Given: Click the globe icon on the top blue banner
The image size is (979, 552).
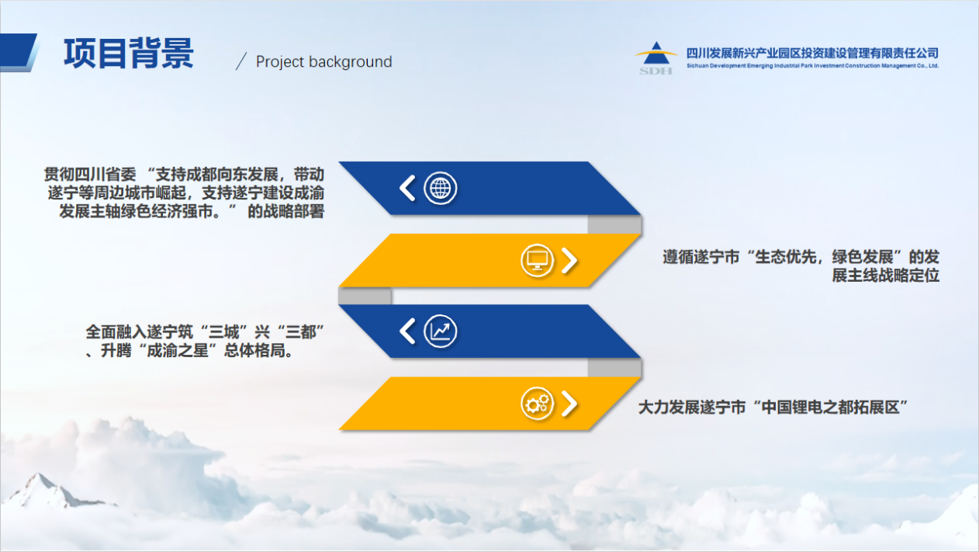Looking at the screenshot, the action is [440, 189].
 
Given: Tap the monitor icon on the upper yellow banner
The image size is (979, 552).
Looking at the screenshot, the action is [537, 260].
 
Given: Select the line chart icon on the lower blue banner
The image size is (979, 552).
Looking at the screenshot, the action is [440, 331].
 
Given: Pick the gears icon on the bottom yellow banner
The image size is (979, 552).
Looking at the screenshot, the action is [537, 403].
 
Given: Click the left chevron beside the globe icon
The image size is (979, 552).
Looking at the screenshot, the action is [407, 189].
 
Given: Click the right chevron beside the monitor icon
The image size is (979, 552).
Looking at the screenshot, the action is [569, 261].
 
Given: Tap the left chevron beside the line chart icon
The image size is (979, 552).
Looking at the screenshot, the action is [407, 331].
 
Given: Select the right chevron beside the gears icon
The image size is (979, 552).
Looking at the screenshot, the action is [569, 403].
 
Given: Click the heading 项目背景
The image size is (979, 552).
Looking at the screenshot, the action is [129, 53].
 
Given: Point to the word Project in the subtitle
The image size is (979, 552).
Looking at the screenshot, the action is [280, 62].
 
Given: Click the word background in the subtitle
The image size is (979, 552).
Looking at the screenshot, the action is [351, 61].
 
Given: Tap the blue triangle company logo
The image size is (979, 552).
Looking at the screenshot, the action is [656, 53].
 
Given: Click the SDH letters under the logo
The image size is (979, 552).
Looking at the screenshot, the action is [656, 71].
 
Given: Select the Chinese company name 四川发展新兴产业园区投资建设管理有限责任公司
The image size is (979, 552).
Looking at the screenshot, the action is [812, 53].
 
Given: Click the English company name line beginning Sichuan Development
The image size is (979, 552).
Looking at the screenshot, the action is [812, 66].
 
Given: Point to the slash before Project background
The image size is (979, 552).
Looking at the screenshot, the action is [241, 61].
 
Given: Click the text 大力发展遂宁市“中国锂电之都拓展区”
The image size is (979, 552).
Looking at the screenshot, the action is [773, 408].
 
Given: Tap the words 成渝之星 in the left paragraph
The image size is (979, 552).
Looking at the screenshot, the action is [178, 350].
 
